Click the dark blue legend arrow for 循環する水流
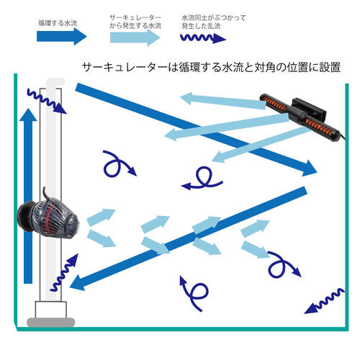(x=61, y=37)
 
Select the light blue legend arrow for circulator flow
(x=135, y=37)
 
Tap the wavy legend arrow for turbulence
(x=203, y=38)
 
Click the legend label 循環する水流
(x=58, y=23)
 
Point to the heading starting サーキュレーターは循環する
(x=211, y=67)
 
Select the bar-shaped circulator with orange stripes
(x=301, y=116)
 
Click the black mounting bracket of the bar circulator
(x=310, y=109)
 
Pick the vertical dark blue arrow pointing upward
(x=28, y=196)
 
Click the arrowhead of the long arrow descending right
(x=308, y=168)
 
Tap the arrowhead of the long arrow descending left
(x=78, y=282)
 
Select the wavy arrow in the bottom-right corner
(x=325, y=301)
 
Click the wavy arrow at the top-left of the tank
(x=47, y=102)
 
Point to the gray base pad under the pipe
(x=51, y=322)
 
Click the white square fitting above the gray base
(x=51, y=310)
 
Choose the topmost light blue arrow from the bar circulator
(x=223, y=100)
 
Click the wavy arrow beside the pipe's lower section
(x=64, y=272)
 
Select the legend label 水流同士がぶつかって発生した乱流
(x=214, y=22)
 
